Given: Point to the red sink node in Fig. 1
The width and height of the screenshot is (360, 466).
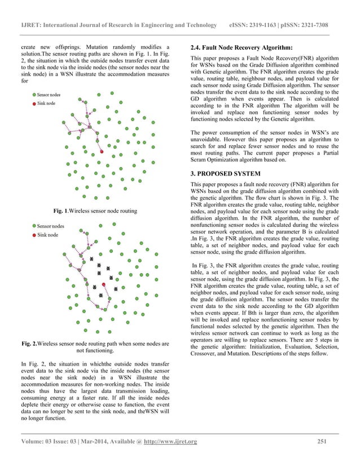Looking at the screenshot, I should [102, 152].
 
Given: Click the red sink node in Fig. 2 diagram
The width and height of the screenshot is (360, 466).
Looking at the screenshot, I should [103, 285].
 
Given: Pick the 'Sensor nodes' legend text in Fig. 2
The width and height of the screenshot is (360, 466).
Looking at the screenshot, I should [49, 225].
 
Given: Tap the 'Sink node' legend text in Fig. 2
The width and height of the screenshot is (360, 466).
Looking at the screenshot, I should [45, 234].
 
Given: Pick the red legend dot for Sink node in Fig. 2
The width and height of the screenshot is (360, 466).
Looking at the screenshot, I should [34, 234].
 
